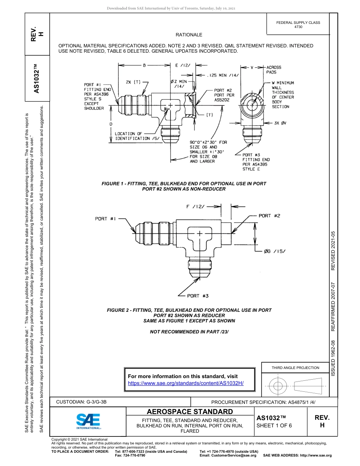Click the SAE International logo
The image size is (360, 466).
(x=88, y=421)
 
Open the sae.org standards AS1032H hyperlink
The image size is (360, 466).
(x=186, y=383)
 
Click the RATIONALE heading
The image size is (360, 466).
(x=189, y=35)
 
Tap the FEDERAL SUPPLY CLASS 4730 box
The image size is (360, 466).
(x=298, y=25)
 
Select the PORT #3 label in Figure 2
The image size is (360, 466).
(x=197, y=296)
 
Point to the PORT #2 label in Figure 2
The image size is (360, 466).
(x=269, y=216)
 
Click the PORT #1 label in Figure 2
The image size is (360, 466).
(x=105, y=219)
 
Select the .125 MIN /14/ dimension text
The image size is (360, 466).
(x=223, y=75)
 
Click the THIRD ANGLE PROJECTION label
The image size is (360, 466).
(x=295, y=367)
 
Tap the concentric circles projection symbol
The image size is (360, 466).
(x=278, y=386)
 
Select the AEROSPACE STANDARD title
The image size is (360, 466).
(x=190, y=411)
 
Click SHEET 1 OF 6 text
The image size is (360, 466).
(x=274, y=425)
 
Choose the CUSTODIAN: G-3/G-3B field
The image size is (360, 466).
(x=84, y=402)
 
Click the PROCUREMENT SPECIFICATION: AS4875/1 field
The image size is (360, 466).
(x=263, y=402)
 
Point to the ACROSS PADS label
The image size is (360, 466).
(x=274, y=70)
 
